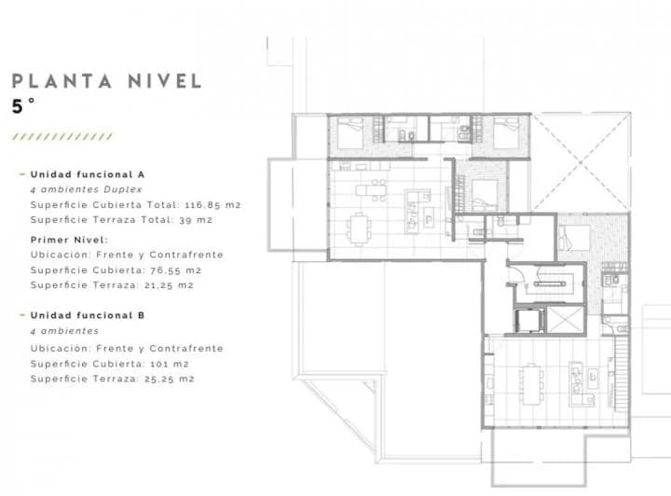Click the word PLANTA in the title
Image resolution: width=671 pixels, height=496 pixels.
[x=62, y=81]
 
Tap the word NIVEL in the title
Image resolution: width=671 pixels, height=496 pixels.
[x=165, y=81]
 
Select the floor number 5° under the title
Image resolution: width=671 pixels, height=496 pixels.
[x=23, y=106]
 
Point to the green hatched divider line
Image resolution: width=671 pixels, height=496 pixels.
[x=62, y=136]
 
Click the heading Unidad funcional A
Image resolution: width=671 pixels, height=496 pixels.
[x=88, y=174]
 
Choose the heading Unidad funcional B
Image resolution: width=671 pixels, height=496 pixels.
[x=88, y=315]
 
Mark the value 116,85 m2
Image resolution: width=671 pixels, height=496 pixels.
[x=213, y=205]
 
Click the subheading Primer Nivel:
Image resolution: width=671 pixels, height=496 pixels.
[x=69, y=240]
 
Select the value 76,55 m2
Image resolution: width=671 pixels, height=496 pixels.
[x=176, y=270]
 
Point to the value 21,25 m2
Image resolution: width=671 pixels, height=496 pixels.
[x=169, y=285]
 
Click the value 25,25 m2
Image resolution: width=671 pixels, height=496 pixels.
[x=170, y=379]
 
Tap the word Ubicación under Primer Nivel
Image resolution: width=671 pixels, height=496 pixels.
[x=61, y=255]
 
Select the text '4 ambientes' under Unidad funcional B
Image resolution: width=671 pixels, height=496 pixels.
[x=64, y=331]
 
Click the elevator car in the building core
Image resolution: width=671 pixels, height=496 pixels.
[x=528, y=320]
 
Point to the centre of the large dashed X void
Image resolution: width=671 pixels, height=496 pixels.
[x=581, y=162]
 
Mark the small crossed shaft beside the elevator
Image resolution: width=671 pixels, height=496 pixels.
[x=566, y=319]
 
